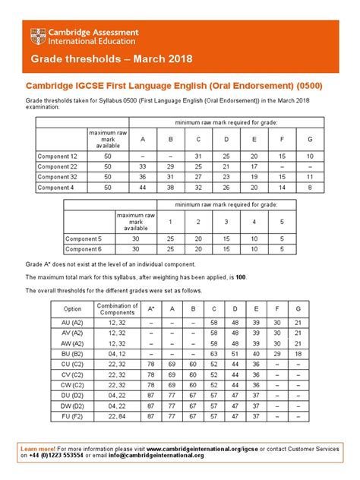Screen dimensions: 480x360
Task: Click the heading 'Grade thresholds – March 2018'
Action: coord(112,59)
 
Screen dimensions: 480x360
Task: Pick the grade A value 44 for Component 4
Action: coord(144,187)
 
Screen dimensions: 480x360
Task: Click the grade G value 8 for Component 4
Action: coord(308,187)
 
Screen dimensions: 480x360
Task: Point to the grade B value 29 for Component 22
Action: coord(172,166)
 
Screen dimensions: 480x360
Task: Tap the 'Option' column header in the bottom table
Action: coord(73,309)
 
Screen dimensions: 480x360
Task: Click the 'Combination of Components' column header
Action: coord(117,309)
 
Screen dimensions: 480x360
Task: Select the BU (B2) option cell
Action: coord(73,353)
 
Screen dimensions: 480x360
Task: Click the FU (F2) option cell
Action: coord(73,416)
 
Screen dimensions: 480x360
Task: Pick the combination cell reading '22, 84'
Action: coord(117,416)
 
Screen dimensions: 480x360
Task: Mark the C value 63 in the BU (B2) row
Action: coord(214,353)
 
